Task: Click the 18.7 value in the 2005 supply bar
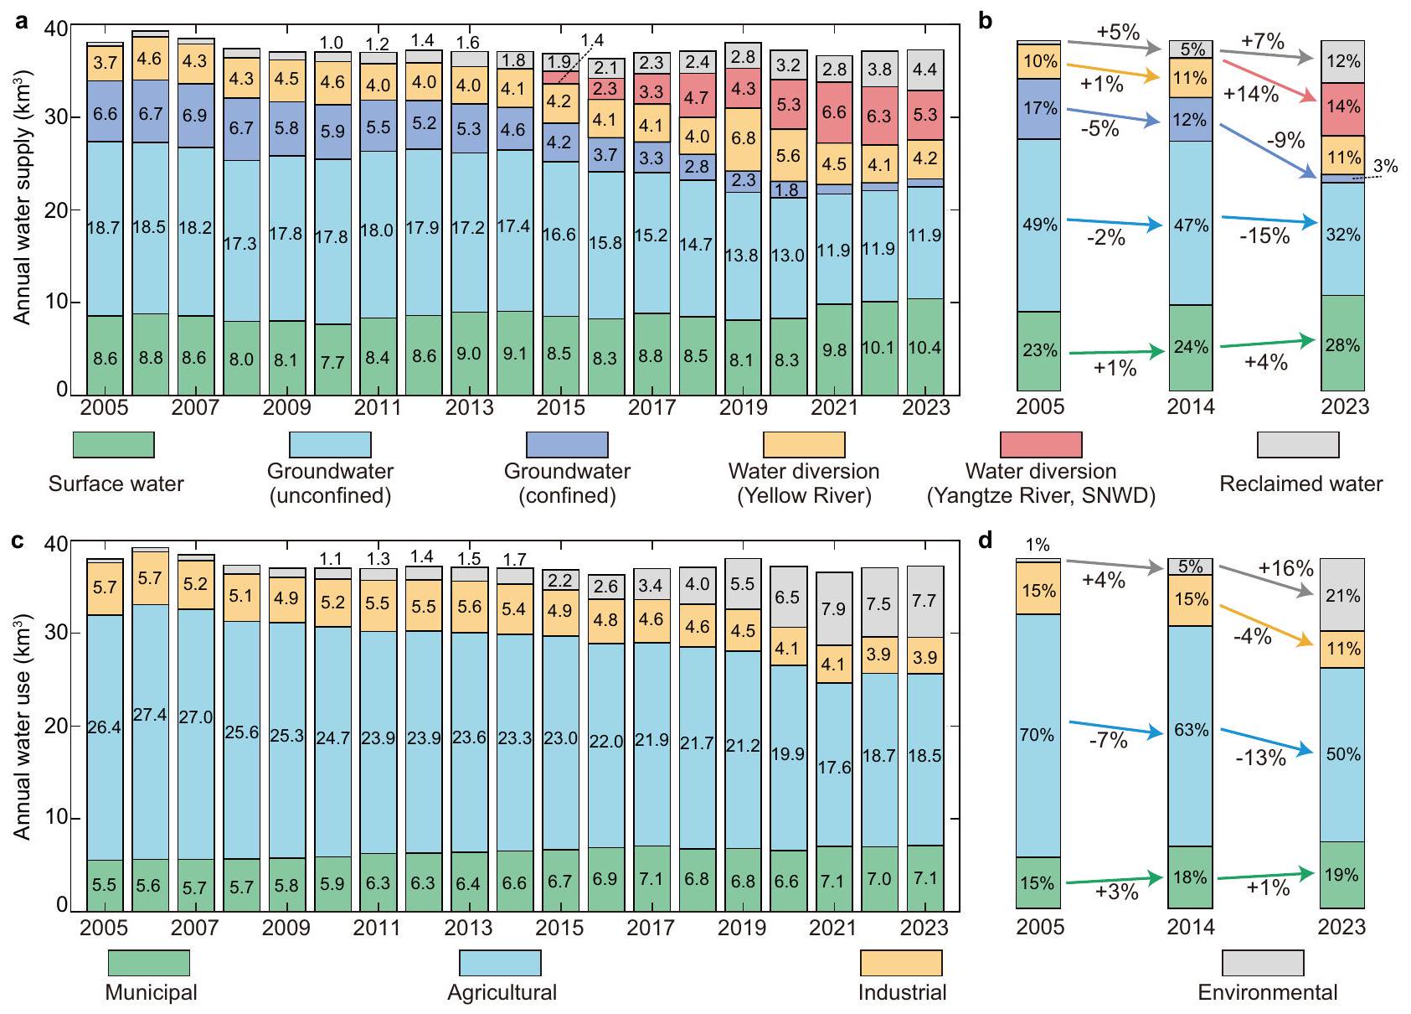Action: tap(104, 227)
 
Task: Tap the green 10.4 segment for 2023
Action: tap(925, 346)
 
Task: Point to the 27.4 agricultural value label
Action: tap(150, 715)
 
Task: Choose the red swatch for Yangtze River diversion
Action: tap(1041, 444)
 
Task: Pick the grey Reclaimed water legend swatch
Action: tap(1298, 444)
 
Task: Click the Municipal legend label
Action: tap(151, 992)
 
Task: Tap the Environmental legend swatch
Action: tap(1263, 963)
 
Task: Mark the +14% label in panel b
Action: tap(1250, 94)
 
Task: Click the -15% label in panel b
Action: tap(1264, 236)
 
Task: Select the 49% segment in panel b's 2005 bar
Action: tap(1039, 225)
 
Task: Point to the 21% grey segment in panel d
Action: tap(1343, 596)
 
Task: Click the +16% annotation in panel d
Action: tap(1286, 568)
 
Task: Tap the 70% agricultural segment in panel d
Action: tap(1037, 735)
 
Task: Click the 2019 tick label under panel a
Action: tap(744, 407)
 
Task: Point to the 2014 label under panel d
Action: tap(1191, 927)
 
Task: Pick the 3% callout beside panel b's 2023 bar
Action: tap(1386, 167)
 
